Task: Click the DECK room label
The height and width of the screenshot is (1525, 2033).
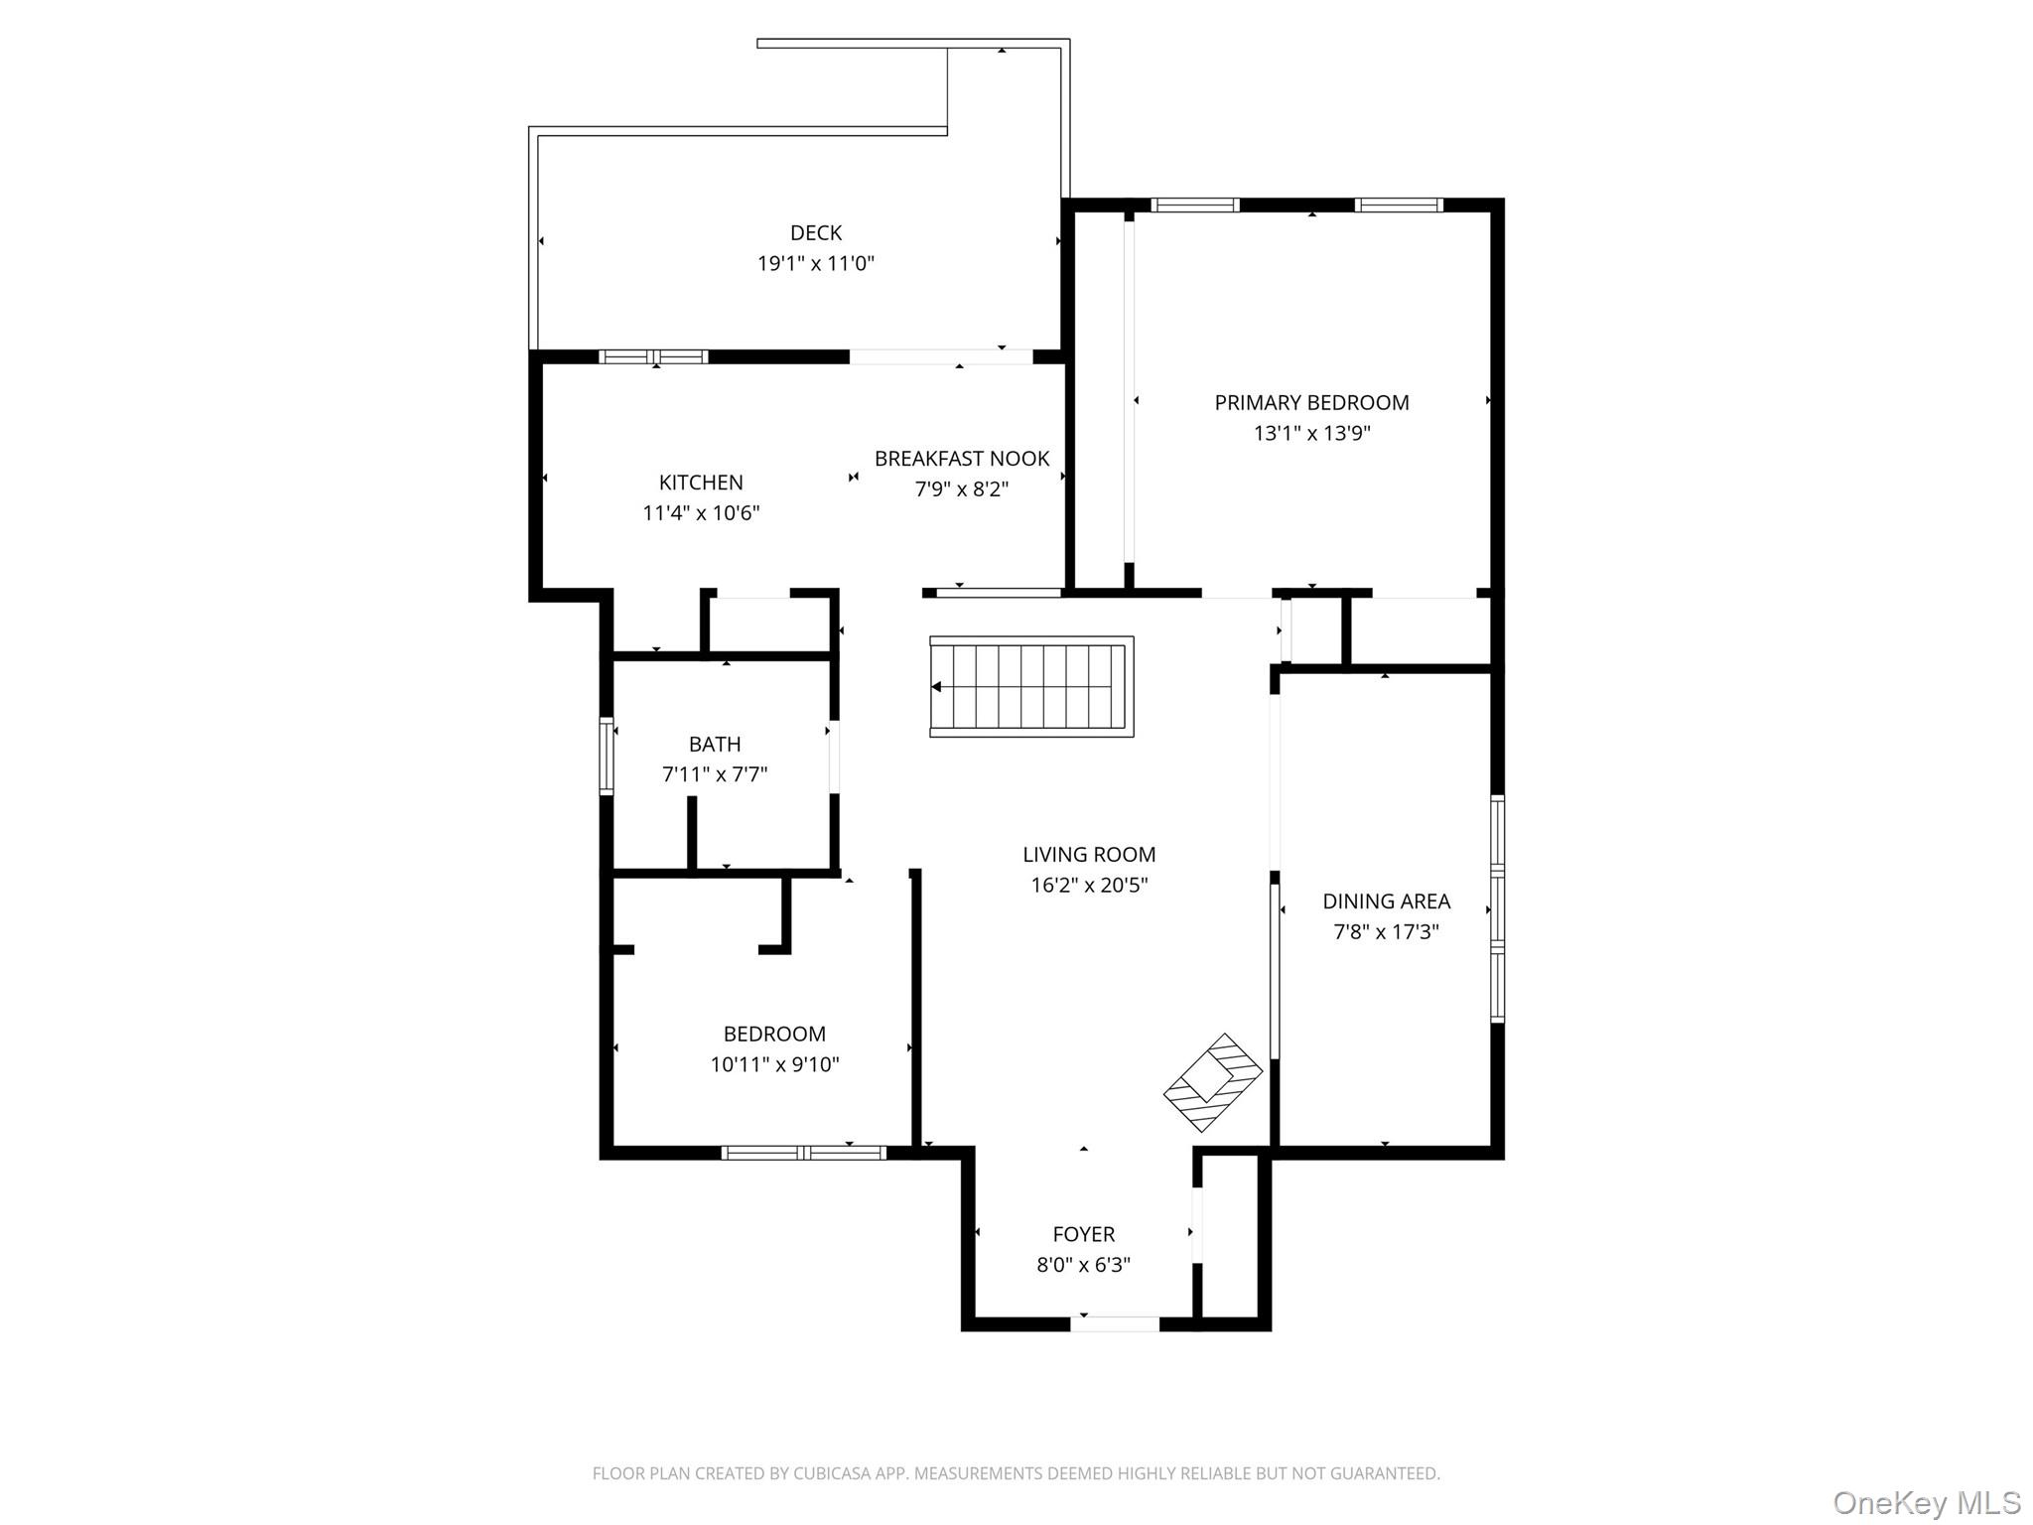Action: point(815,232)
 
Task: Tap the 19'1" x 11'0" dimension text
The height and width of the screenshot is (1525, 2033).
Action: point(815,263)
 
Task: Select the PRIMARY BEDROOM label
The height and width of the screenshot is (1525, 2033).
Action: point(1311,402)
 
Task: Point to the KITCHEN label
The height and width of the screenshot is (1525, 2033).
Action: point(701,483)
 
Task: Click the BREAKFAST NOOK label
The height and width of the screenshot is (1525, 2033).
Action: point(961,459)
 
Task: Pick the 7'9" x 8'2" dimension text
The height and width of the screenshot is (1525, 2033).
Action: point(961,488)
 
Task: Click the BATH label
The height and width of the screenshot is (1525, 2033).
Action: point(715,744)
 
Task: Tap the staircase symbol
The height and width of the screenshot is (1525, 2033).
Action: point(1031,686)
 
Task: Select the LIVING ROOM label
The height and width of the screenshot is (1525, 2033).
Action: point(1089,854)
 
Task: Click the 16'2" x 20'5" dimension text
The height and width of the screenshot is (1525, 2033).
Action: point(1089,885)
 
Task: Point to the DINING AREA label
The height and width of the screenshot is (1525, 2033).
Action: point(1386,901)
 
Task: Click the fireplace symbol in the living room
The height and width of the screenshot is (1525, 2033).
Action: point(1213,1082)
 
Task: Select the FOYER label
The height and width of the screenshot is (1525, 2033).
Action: point(1083,1234)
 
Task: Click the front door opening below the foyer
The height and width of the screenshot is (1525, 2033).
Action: point(1114,1323)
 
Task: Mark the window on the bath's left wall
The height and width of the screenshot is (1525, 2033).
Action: point(606,757)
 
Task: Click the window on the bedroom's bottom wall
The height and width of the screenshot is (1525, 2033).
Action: point(803,1153)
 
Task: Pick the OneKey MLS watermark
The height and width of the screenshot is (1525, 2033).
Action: point(1926,1503)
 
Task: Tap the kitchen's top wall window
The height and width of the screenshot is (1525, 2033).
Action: point(653,356)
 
